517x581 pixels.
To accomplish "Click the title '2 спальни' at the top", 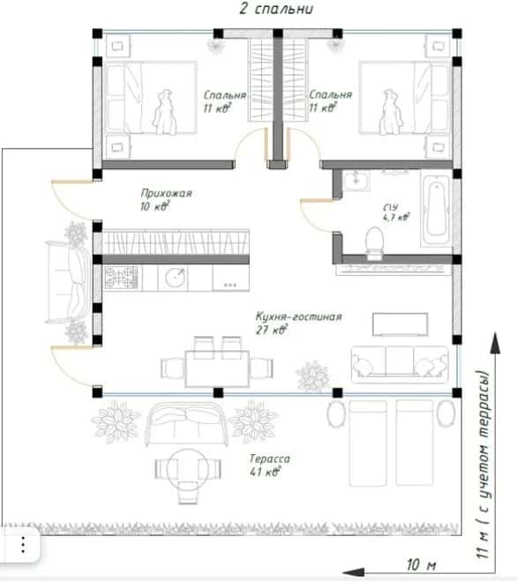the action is [276, 9].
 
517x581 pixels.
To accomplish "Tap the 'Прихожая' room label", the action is [166, 193].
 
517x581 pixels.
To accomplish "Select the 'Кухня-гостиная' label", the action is [298, 317].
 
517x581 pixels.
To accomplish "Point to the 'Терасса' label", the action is [270, 458].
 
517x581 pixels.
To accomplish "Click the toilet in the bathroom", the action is [374, 242].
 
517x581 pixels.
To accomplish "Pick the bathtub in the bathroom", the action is [436, 210].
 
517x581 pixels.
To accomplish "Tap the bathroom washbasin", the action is [356, 181].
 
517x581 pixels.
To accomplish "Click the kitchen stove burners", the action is [121, 278].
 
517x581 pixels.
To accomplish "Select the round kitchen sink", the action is [175, 277].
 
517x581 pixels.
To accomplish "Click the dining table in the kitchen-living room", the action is [217, 369].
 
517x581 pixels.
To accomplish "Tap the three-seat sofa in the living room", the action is [400, 365].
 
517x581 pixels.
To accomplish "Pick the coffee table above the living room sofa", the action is [401, 324].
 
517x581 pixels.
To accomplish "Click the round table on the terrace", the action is [188, 469].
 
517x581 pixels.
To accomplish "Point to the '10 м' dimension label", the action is [422, 565].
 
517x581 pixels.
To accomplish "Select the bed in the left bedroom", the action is [151, 98].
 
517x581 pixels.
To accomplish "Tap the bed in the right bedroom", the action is [405, 98].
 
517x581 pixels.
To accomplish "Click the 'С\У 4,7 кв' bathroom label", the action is [396, 212].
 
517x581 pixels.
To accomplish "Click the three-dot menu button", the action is [23, 545].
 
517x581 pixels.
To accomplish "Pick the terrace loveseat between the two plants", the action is [186, 423].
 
